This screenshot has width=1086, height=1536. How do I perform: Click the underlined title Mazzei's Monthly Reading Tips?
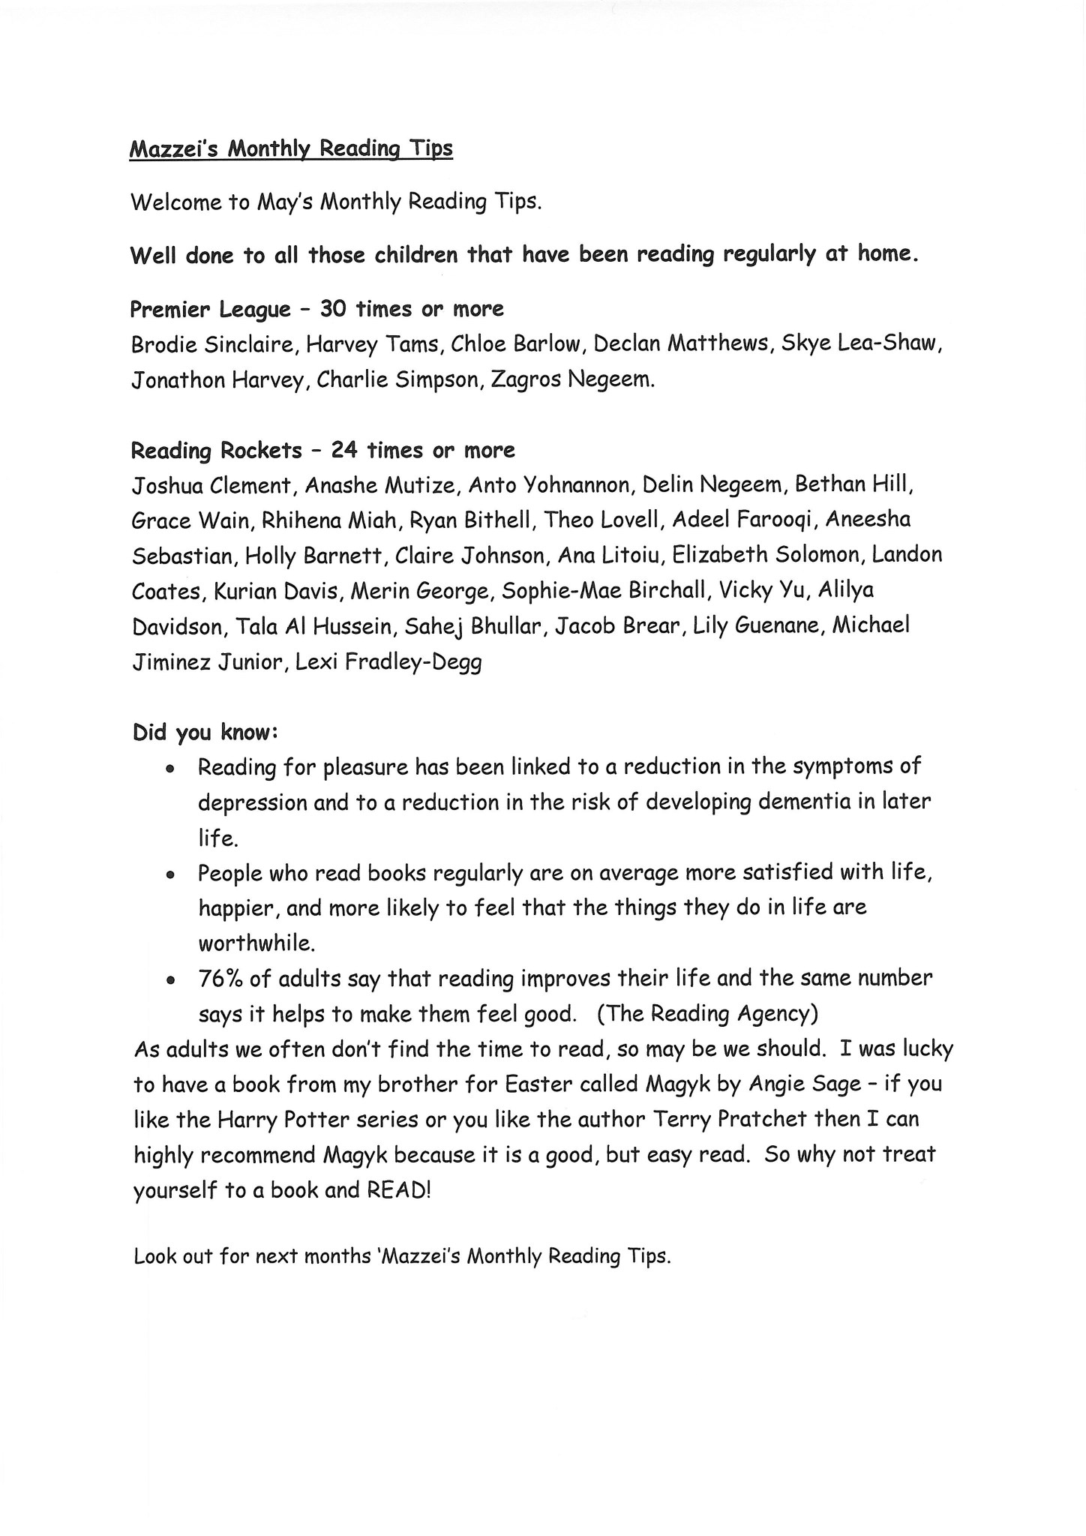[x=291, y=149]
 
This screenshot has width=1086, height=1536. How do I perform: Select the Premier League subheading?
[x=211, y=309]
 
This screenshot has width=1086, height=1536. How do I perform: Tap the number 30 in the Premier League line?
[x=332, y=308]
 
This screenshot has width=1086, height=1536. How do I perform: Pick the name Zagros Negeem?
[x=571, y=379]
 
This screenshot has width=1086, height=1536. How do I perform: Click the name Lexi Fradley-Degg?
[x=388, y=662]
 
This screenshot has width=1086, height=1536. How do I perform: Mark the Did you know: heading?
[x=206, y=733]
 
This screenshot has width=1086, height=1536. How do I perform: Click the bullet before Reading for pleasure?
[x=171, y=769]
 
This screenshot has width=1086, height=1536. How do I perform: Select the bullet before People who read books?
[x=171, y=875]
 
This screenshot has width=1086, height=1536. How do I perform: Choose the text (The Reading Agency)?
[x=707, y=1014]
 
